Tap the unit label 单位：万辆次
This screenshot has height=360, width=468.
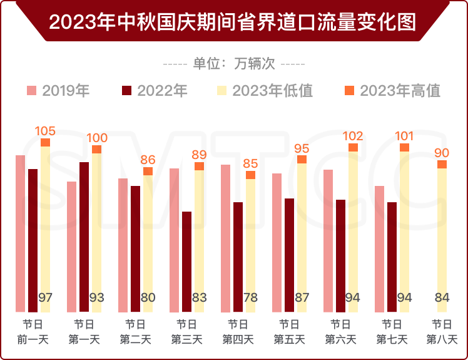pos(233,63)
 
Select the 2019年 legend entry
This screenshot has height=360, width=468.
pos(59,91)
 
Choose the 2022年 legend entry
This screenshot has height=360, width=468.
pos(155,91)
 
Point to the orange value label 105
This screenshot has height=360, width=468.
pos(45,131)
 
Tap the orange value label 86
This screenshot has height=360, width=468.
pos(148,160)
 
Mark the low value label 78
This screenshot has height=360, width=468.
pos(250,298)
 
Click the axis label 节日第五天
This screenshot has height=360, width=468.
pos(288,332)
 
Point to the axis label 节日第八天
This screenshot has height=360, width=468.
pos(442,332)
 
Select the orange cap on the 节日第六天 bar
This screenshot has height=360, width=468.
pos(353,148)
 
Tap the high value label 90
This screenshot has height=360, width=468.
pos(442,153)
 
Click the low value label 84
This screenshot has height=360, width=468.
pos(442,298)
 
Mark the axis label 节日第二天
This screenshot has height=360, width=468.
pos(135,332)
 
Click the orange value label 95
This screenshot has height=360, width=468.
pos(302,148)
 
